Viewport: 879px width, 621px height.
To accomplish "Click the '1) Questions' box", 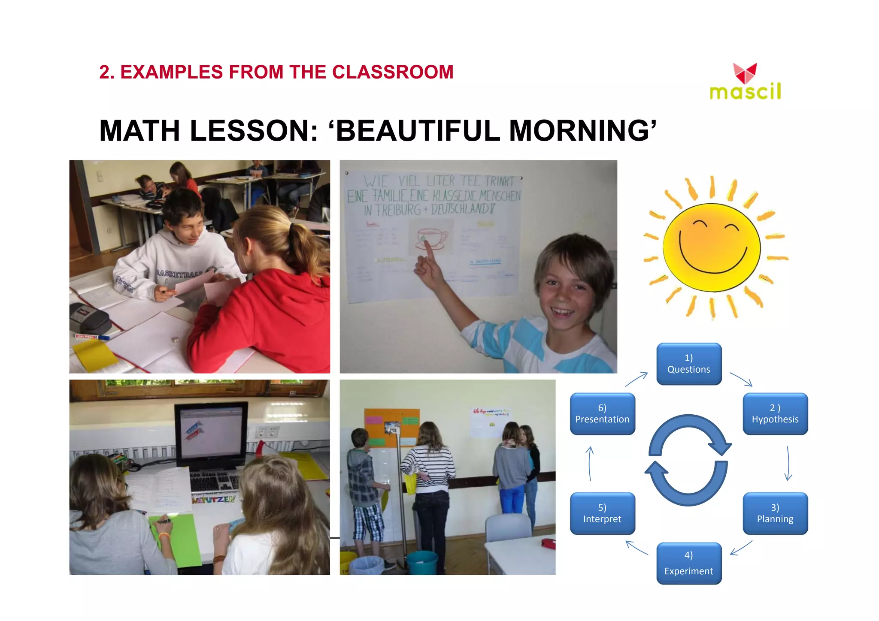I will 688,364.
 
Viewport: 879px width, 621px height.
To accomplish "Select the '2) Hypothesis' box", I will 775,414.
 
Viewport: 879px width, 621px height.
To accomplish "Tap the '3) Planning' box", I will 775,513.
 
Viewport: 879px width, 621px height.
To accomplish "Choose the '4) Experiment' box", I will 688,564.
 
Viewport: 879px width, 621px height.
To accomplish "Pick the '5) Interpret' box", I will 602,513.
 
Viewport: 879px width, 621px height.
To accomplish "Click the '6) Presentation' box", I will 602,414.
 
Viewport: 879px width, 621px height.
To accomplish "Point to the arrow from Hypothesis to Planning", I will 788,463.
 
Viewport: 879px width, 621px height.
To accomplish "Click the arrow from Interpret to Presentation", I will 590,463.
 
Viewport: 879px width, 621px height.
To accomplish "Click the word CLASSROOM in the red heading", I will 393,72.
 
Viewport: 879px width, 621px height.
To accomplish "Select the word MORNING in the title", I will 579,130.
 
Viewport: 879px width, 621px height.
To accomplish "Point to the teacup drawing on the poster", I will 431,238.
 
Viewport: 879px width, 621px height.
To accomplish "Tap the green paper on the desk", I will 176,540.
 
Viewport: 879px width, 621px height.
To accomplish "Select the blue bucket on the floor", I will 422,562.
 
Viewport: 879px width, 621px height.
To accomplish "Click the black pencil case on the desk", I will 90,317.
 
